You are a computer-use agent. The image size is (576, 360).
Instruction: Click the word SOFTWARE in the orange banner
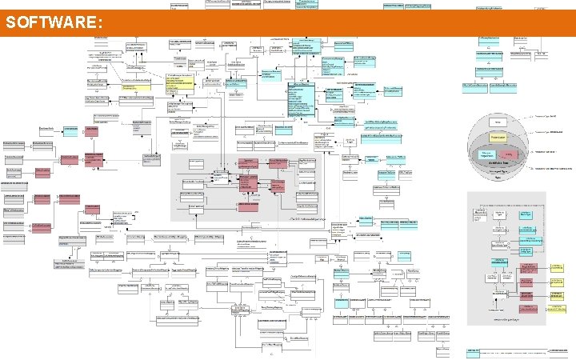[50, 23]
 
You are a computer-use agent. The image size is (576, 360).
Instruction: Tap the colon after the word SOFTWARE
[100, 24]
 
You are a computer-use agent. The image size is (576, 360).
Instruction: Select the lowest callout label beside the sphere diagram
[554, 169]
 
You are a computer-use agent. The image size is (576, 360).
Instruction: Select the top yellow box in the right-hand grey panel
[554, 267]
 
